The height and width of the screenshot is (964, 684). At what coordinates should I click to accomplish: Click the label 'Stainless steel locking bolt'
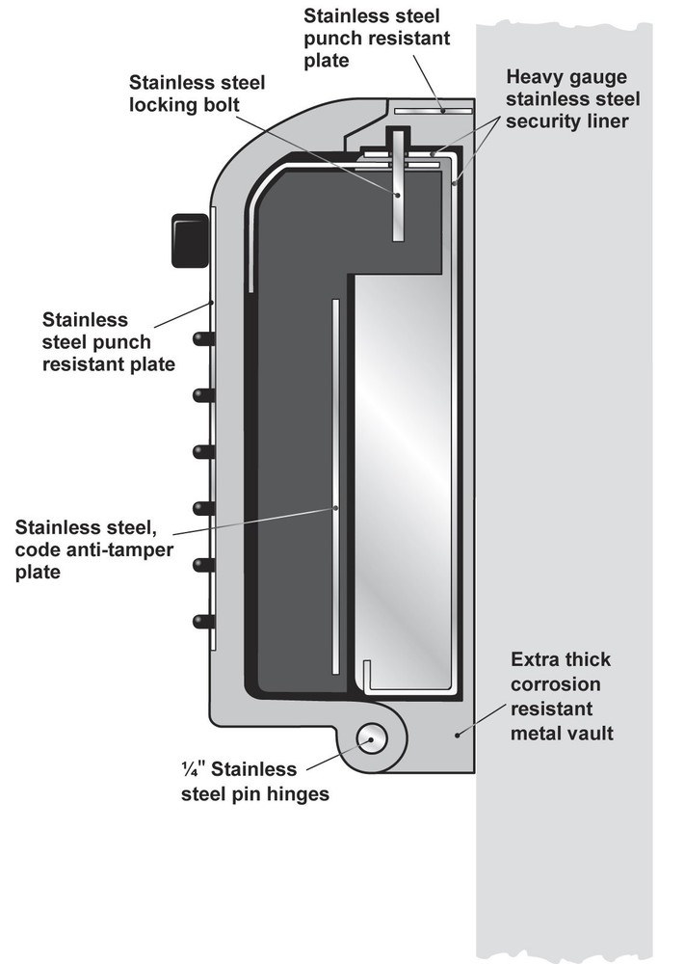pos(197,94)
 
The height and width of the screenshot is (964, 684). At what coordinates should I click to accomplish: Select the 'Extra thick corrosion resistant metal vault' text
pos(562,696)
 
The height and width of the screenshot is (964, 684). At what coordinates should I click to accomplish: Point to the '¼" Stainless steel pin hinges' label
pos(255,782)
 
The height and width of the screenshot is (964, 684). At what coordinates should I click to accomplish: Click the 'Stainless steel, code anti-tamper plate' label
pos(94,549)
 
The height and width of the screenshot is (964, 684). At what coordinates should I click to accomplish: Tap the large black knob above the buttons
pos(190,240)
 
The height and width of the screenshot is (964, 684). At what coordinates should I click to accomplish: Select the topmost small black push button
pos(203,338)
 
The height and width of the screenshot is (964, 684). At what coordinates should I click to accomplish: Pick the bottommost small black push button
pos(203,622)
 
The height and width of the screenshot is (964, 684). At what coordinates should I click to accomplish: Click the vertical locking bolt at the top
pos(398,184)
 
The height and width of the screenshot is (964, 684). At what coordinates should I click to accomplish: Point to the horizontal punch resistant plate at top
pos(434,111)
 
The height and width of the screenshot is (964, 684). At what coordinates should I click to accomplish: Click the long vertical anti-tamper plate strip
pos(335,486)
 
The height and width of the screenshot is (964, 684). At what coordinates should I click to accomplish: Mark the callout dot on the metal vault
pos(457,734)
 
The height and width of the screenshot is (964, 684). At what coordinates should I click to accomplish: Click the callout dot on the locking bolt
pos(398,195)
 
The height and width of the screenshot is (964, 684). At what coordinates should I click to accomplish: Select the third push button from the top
pos(203,452)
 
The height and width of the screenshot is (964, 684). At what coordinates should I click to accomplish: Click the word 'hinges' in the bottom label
pos(300,794)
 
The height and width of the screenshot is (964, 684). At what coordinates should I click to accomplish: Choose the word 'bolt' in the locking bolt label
pos(219,104)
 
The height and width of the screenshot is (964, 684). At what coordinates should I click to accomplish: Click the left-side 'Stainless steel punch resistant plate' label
pos(108,342)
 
